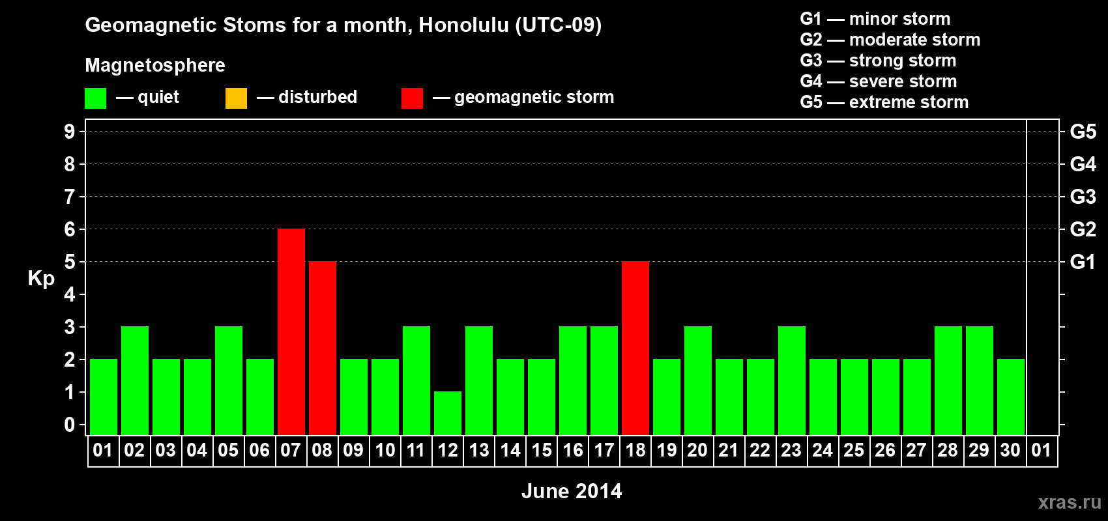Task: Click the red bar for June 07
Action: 291,331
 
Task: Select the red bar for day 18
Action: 635,348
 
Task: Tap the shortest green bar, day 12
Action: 448,414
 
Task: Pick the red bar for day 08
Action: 323,348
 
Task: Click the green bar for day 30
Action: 1011,397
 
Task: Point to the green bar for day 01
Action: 104,397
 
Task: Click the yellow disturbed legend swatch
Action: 236,98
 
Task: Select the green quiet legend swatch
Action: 95,98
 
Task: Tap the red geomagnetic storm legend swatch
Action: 413,98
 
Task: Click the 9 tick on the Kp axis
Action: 69,132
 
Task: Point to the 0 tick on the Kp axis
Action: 69,425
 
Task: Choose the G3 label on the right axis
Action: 1083,197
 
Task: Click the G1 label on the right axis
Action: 1083,262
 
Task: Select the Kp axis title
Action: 41,279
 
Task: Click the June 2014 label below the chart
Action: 572,491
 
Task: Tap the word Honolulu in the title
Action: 463,25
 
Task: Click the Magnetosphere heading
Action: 155,65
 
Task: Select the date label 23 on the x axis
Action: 791,450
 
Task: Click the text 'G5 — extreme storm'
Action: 884,102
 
